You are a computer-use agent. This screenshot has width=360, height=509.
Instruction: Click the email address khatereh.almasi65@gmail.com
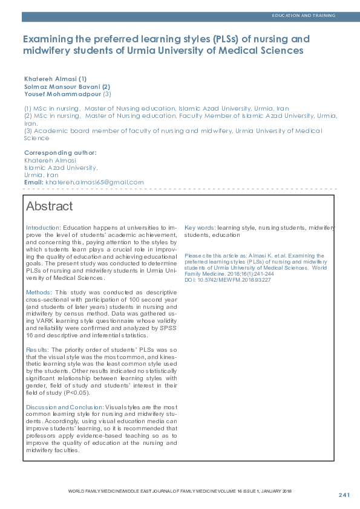tap(94, 182)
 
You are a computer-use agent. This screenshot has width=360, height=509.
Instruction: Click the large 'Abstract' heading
tap(49, 207)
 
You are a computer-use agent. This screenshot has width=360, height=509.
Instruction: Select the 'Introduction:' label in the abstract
tap(44, 228)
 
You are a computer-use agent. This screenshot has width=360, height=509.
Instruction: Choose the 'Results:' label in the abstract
tap(38, 350)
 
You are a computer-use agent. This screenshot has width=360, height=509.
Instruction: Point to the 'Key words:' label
tap(200, 228)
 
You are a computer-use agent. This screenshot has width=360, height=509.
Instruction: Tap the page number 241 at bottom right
tap(344, 495)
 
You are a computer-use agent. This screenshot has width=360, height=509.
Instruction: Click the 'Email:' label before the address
tap(33, 182)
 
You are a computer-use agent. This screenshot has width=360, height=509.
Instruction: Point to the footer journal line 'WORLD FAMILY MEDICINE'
tap(97, 491)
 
